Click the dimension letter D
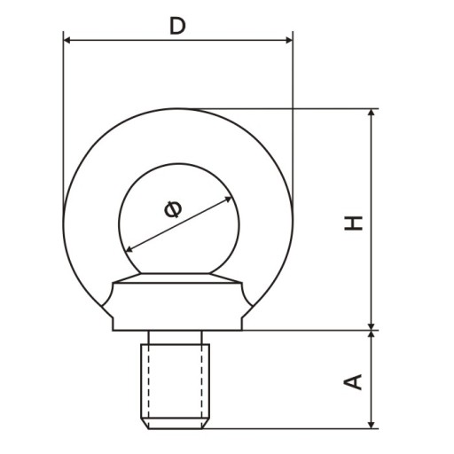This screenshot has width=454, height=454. [177, 26]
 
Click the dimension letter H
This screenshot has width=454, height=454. [353, 223]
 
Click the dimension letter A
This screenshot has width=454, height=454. [353, 382]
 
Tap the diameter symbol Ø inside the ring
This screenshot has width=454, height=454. [173, 209]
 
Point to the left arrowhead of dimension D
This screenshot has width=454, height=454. [67, 40]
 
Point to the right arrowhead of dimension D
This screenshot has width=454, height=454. [289, 40]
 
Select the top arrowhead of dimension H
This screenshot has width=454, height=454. [372, 113]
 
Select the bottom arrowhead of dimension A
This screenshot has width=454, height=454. [372, 425]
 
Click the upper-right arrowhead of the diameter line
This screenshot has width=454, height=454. [228, 199]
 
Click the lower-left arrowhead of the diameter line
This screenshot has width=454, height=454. [129, 249]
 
